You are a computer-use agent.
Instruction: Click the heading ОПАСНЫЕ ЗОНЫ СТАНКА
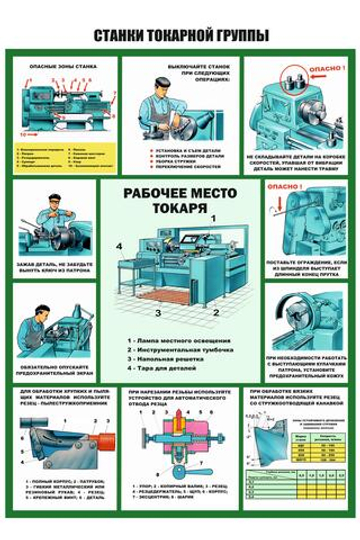(63, 65)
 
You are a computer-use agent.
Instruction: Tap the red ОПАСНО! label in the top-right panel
(319, 69)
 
